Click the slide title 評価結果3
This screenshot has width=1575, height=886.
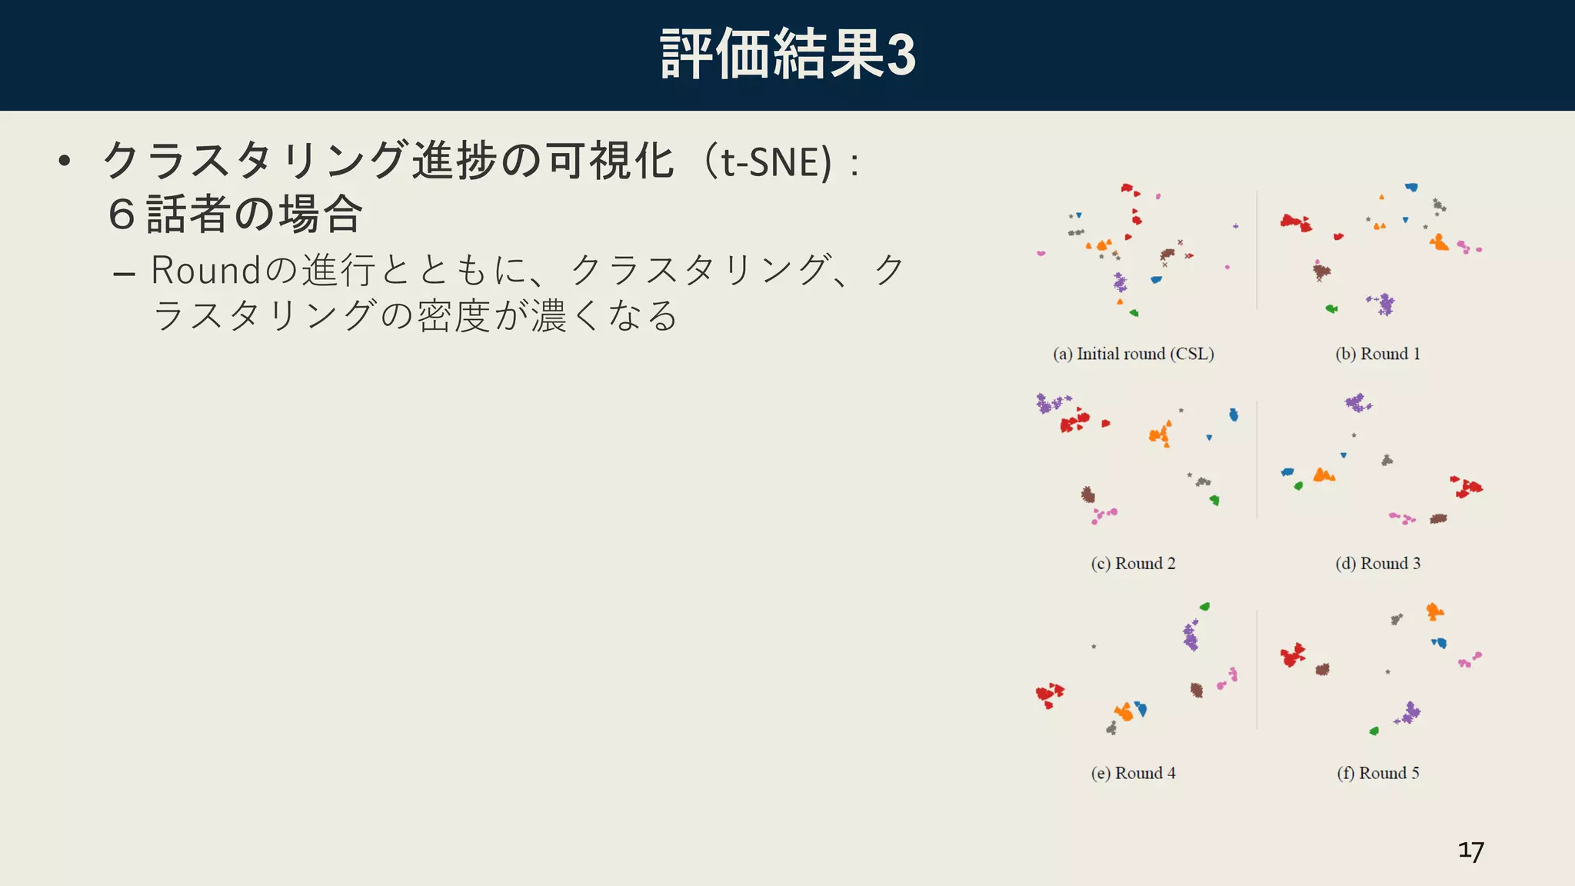[x=787, y=54]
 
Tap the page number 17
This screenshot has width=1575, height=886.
[x=1470, y=851]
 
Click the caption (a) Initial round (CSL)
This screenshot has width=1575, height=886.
[x=1133, y=354]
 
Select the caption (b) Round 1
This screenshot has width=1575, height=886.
[x=1377, y=354]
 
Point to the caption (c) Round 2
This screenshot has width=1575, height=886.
[x=1133, y=564]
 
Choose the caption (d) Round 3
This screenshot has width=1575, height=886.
[x=1377, y=564]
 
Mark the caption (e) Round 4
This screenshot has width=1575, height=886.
[x=1133, y=773]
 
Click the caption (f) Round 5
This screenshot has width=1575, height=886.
[x=1377, y=773]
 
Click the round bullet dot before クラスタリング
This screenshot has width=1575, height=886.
[x=65, y=162]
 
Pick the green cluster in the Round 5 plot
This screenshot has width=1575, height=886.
[x=1374, y=731]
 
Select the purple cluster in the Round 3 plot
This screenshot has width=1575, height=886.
[x=1357, y=402]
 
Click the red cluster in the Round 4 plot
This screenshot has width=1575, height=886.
[x=1049, y=694]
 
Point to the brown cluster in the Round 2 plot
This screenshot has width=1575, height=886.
[x=1088, y=495]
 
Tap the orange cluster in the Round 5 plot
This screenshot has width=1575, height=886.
[x=1434, y=612]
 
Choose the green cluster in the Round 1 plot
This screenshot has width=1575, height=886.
[x=1331, y=308]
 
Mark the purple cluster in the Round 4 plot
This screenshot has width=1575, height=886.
[x=1190, y=636]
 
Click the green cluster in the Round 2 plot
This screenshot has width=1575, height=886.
[x=1214, y=500]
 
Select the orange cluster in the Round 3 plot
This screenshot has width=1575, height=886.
[x=1323, y=475]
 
